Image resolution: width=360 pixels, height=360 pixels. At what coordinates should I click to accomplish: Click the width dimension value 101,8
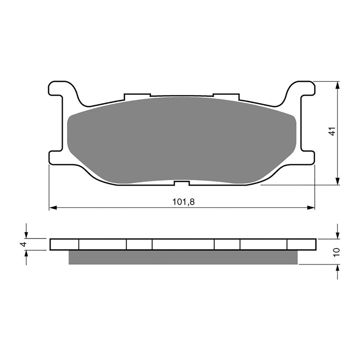[183, 202]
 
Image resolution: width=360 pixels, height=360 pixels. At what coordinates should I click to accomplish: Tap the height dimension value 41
[332, 132]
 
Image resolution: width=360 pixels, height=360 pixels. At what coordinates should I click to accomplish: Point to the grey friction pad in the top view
[181, 139]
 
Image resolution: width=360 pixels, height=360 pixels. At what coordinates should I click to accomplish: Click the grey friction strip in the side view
[183, 257]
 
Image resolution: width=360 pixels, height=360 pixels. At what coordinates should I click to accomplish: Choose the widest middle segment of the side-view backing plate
[183, 244]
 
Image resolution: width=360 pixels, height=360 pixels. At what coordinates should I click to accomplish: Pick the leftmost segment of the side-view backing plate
[64, 244]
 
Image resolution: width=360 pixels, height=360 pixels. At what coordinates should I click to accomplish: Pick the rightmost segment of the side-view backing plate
[301, 244]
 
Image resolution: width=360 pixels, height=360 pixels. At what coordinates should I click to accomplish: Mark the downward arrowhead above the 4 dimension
[27, 234]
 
